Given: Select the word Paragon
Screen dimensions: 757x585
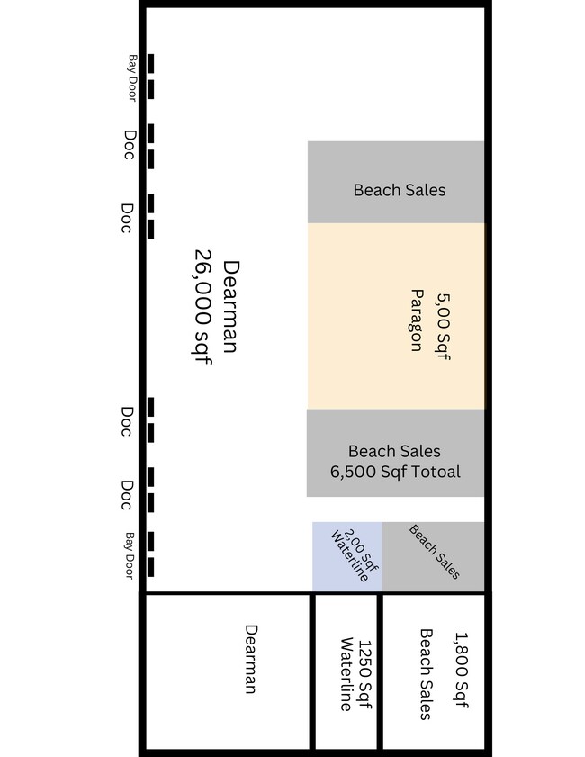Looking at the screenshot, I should [x=417, y=320].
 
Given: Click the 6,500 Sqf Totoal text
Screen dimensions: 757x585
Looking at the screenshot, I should [x=395, y=472].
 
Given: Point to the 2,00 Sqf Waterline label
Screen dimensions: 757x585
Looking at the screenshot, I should [x=351, y=554].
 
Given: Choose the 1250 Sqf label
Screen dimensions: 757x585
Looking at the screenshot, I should [x=364, y=675].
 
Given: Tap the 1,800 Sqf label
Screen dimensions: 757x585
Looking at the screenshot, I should [x=461, y=675].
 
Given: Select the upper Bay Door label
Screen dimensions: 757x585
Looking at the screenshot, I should [x=131, y=77].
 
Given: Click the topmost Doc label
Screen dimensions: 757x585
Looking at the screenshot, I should [x=129, y=145].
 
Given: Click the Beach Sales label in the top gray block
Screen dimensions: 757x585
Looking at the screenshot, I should [x=399, y=190].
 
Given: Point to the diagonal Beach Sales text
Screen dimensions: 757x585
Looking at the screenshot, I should [x=435, y=552].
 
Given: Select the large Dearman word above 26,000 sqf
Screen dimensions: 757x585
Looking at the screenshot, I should [x=230, y=307].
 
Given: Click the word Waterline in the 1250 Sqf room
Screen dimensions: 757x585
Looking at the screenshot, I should [x=346, y=675].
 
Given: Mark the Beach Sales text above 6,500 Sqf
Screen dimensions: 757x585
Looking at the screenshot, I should [x=394, y=451].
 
